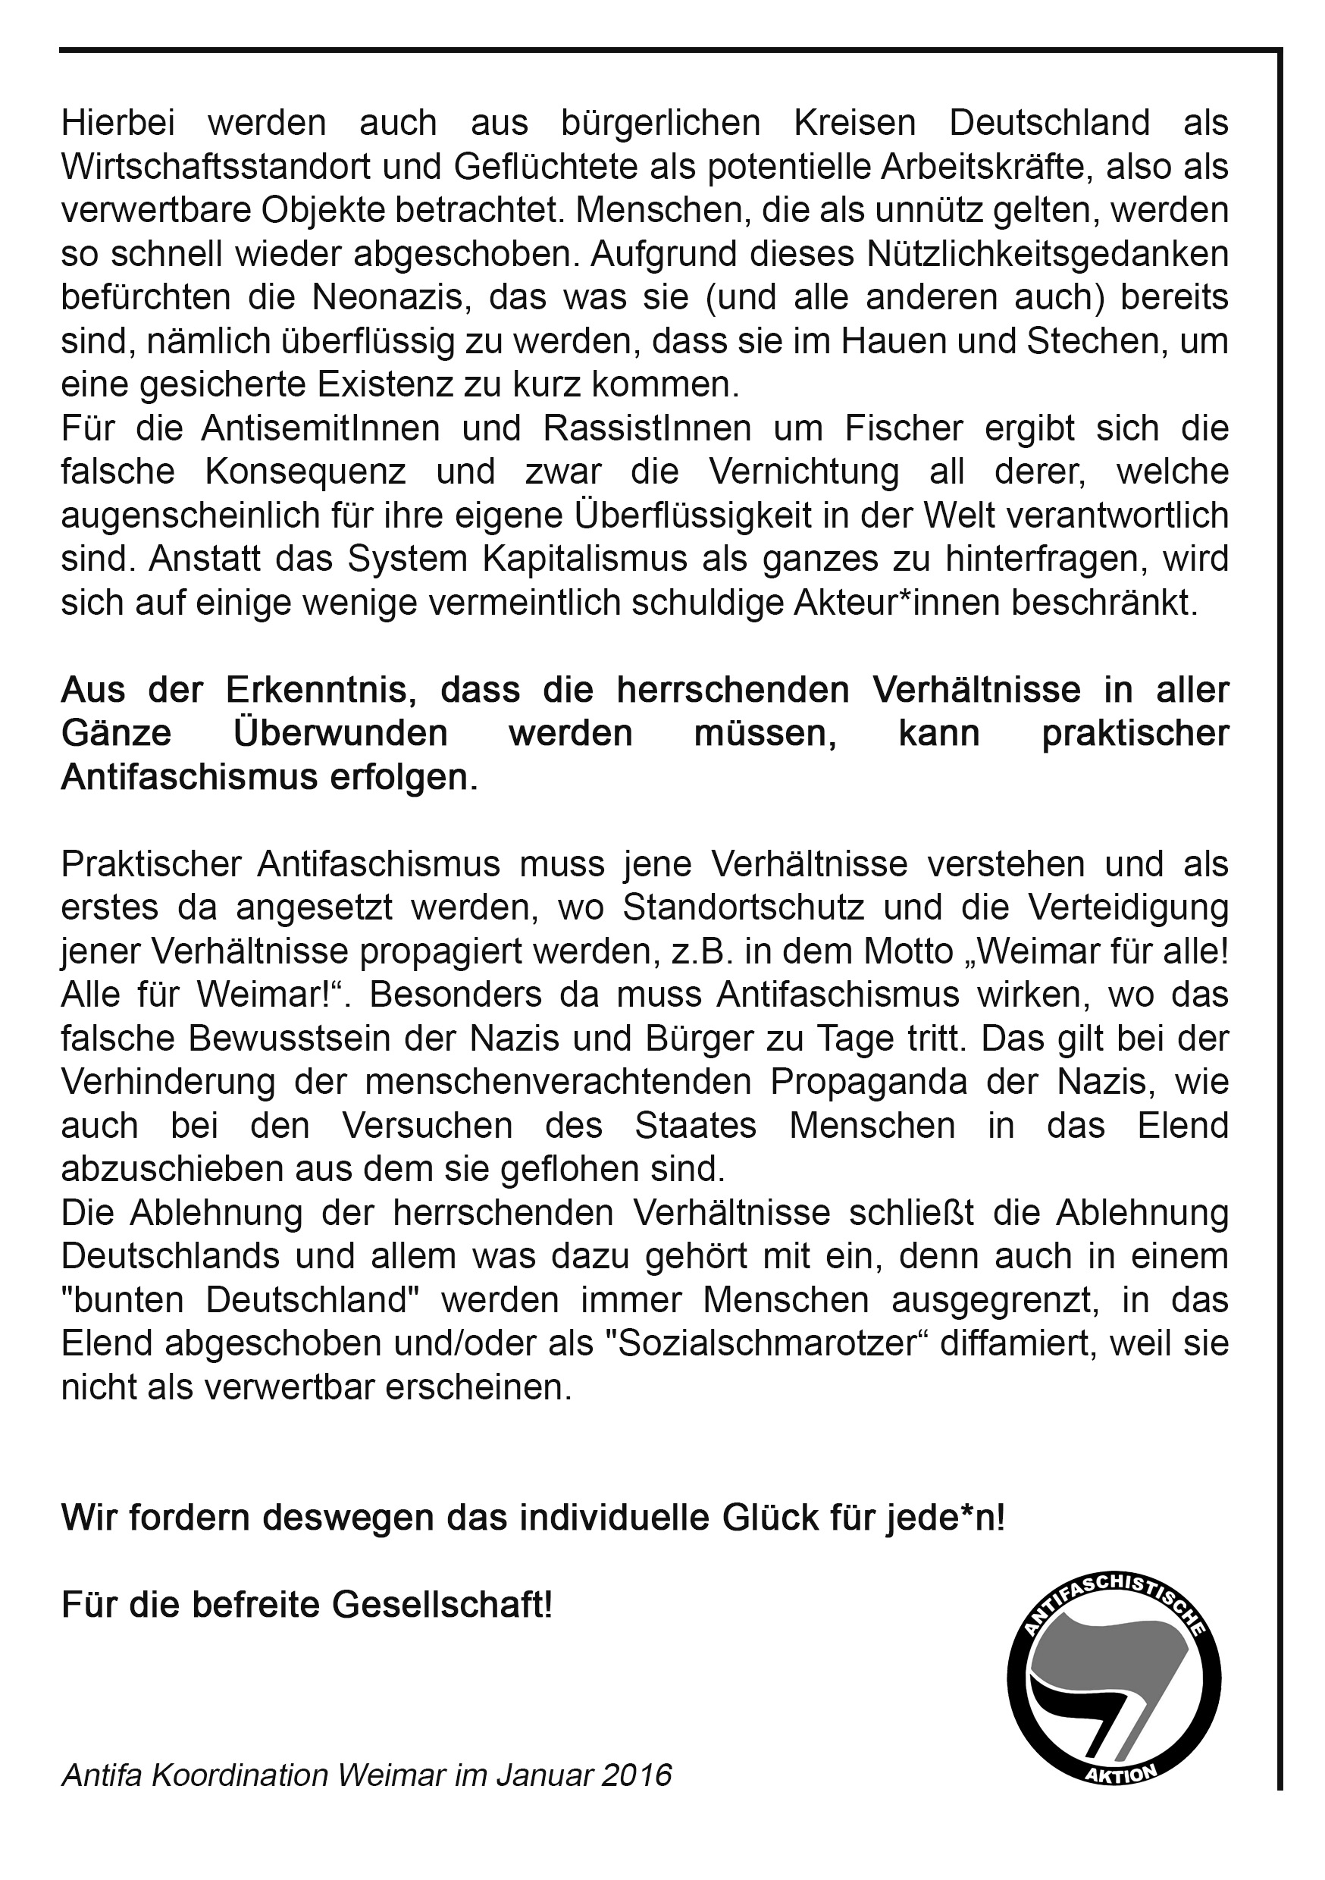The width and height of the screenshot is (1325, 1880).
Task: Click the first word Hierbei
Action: (x=111, y=123)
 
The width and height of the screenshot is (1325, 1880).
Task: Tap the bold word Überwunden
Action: (x=340, y=734)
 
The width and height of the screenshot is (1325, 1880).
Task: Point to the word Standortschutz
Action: (x=744, y=908)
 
